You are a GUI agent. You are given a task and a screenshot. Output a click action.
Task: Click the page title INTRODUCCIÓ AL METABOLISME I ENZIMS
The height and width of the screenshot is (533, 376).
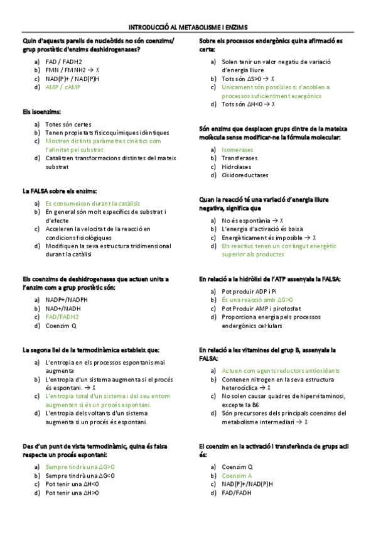188,28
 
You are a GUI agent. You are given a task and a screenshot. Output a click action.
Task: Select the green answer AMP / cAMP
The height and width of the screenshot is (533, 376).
63,87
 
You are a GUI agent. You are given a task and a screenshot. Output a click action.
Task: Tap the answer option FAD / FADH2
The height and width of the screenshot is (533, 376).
63,62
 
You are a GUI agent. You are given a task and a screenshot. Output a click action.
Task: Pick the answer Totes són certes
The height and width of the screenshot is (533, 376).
68,124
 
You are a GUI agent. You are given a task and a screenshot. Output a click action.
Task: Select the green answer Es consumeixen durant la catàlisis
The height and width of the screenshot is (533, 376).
92,204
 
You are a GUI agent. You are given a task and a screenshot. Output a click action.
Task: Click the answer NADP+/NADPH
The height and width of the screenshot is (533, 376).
67,300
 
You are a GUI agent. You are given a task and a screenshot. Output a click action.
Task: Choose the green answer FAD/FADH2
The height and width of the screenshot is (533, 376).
62,317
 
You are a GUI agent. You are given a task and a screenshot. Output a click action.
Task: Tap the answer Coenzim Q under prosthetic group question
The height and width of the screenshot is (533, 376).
61,326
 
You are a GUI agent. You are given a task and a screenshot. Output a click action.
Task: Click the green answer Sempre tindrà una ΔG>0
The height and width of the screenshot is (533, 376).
80,467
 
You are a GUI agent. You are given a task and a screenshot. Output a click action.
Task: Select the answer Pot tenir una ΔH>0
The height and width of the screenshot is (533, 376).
72,493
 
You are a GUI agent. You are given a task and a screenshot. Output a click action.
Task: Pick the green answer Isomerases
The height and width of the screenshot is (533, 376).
237,150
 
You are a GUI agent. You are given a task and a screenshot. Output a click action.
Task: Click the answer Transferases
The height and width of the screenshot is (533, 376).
239,158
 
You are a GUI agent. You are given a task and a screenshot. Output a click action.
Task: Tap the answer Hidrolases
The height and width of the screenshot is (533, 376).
236,167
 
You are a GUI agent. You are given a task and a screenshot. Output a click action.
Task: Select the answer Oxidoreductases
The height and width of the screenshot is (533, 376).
244,175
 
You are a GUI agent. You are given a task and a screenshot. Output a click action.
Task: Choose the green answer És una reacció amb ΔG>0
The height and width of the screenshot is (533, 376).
257,300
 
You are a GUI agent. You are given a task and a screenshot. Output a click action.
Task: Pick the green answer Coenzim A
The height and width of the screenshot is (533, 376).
237,476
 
